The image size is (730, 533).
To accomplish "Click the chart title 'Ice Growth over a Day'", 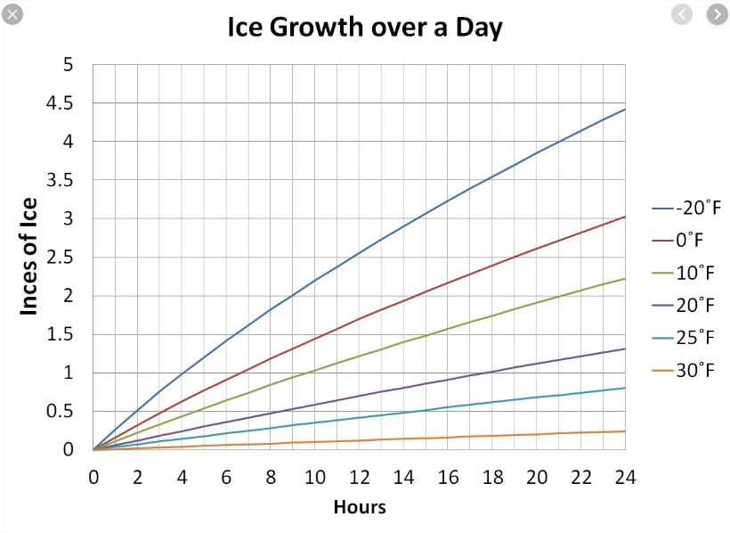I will coord(365,27).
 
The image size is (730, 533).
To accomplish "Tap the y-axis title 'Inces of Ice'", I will coord(29,257).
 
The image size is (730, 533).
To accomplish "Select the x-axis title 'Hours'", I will coord(360,507).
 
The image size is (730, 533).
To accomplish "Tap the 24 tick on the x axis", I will coord(626,477).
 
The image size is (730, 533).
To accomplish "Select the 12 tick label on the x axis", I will coord(360,477).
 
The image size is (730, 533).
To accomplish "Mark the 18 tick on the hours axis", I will coord(492,477).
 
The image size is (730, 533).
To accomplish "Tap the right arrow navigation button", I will coord(717,14).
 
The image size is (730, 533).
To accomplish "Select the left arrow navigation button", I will coord(683,14).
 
